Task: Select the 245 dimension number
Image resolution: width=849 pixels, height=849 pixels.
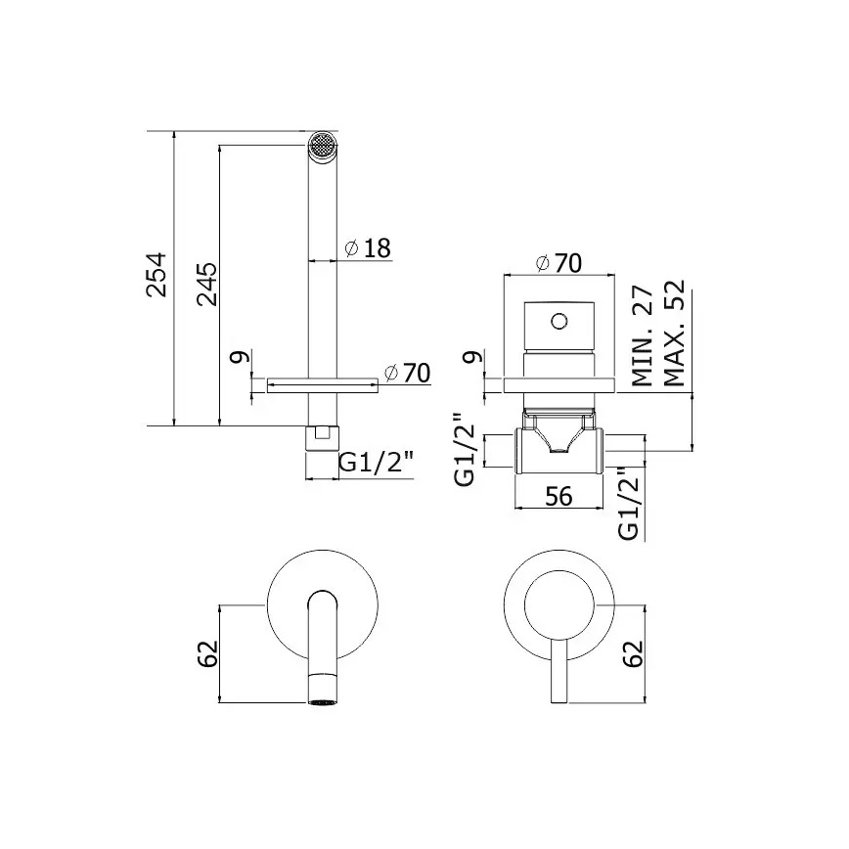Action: [x=206, y=284]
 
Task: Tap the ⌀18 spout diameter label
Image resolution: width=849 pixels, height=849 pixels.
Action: [x=368, y=248]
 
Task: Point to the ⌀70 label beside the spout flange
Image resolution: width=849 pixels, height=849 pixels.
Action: [x=407, y=373]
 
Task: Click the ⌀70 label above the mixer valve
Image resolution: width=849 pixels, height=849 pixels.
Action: [x=559, y=263]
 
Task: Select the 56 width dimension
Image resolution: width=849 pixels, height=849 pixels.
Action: [x=559, y=497]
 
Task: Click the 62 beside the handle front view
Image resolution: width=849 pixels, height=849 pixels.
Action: [x=635, y=653]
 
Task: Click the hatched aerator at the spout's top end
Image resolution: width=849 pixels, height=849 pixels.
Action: [x=321, y=145]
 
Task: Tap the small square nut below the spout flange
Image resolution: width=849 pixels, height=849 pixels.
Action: [x=321, y=436]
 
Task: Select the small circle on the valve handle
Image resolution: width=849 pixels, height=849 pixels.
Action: [x=559, y=320]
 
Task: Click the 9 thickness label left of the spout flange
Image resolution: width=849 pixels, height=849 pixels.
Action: [x=236, y=359]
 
